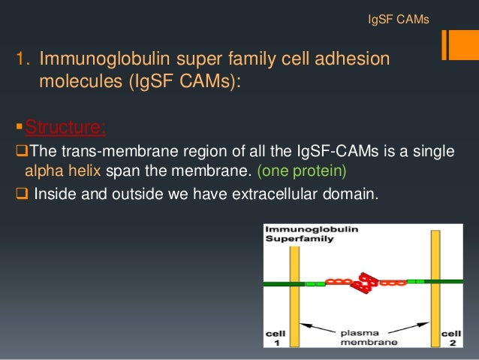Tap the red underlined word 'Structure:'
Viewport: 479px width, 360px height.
[65, 127]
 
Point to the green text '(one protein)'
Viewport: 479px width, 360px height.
[303, 171]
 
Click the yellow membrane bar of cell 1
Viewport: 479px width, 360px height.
[295, 286]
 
